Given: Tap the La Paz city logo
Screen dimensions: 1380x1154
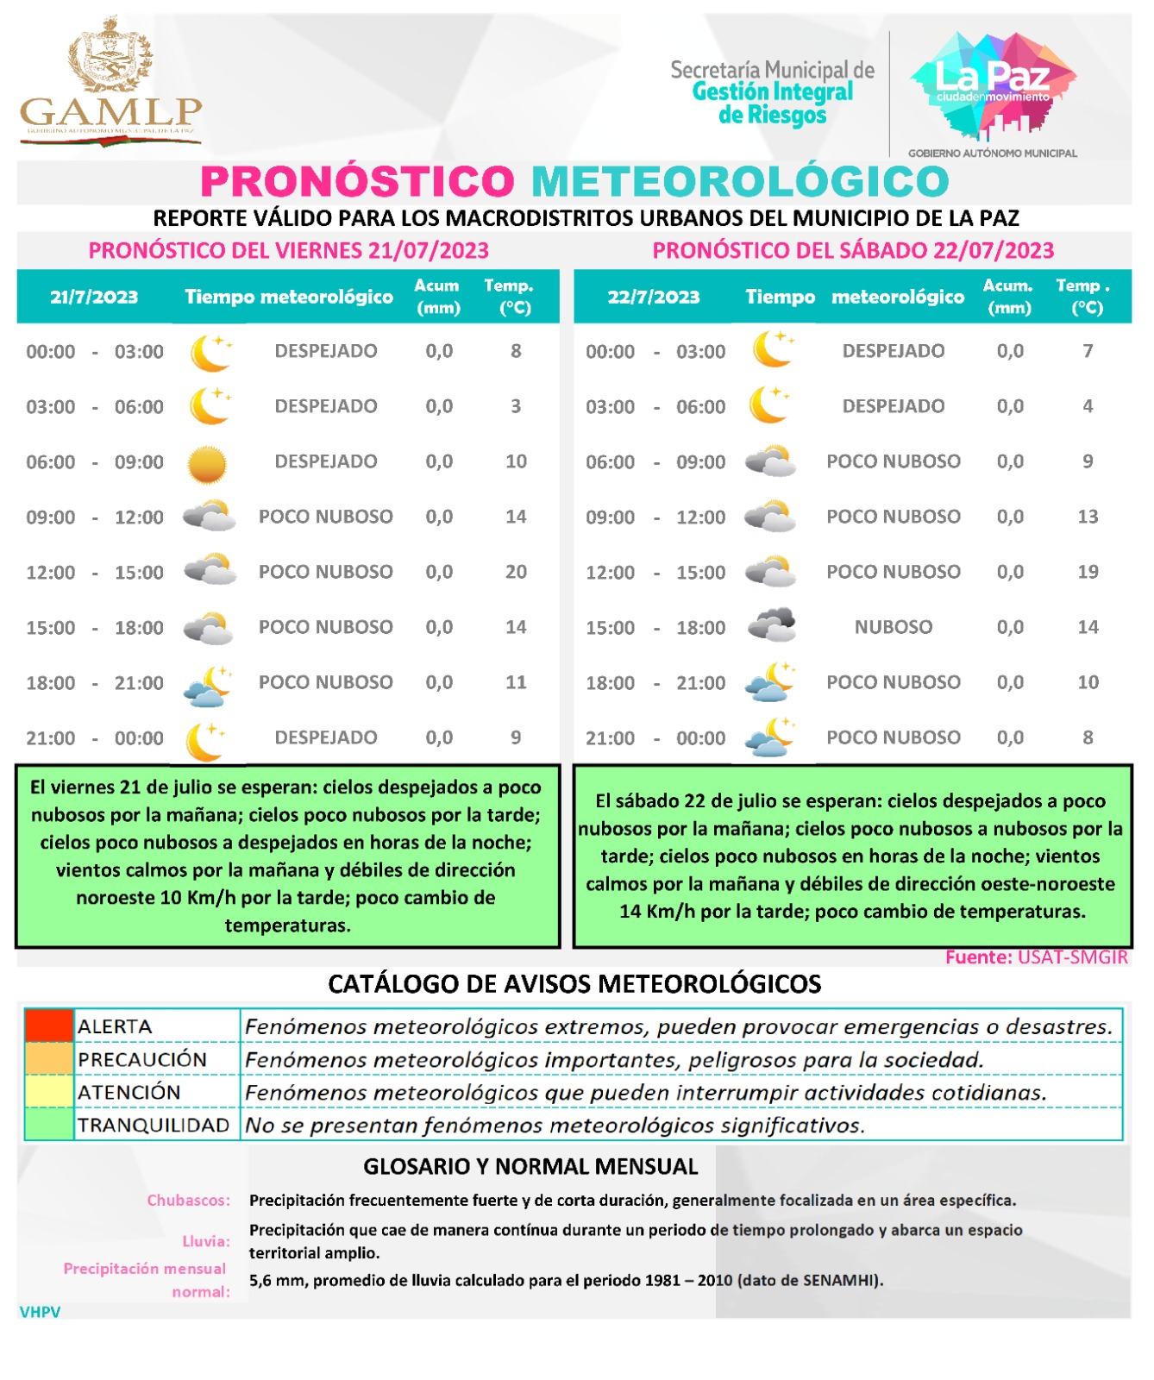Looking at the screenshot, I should point(993,86).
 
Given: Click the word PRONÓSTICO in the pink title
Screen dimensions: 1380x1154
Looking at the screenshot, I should point(357,182).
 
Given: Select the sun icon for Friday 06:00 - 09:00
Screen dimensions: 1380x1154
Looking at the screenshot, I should point(207,464).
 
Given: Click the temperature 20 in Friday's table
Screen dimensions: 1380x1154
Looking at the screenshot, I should point(516,572).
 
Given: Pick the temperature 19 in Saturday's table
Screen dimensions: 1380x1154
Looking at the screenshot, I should point(1088,572).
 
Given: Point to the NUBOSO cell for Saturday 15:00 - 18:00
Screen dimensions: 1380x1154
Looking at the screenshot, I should point(893,627).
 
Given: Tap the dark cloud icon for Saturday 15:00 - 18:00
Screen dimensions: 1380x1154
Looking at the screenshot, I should point(771,625).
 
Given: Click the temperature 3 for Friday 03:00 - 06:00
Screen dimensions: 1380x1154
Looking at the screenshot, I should point(516,406).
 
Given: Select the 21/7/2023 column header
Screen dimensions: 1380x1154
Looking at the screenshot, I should point(94,298).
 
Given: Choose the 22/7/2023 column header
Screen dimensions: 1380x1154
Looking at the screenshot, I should point(653,298).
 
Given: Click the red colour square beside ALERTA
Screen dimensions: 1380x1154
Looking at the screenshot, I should point(48,1026).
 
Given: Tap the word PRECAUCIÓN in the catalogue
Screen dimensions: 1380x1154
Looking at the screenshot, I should point(142,1059).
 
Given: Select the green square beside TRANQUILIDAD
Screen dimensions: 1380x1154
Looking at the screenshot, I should point(48,1125).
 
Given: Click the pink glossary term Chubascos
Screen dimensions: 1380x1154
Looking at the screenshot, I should point(188,1200).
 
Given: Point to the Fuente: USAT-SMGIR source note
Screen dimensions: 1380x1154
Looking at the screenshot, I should point(1036,957).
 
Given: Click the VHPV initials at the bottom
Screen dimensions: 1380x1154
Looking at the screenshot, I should point(40,1312).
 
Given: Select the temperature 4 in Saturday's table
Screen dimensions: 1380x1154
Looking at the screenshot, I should point(1088,406).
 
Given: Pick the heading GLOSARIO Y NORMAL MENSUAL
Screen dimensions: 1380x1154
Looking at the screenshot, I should point(530,1167).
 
